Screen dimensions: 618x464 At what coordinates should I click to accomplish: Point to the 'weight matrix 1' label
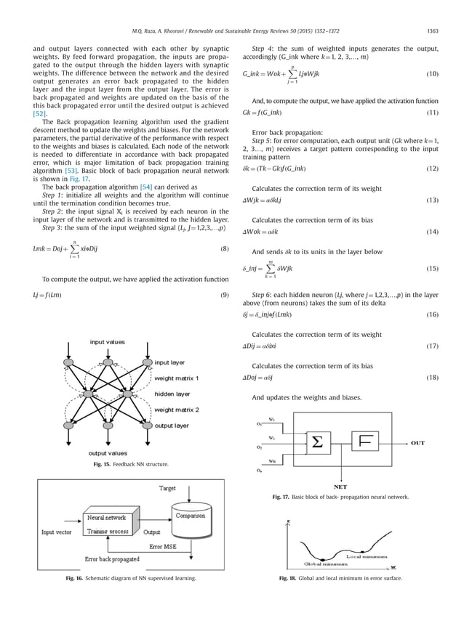click(176, 378)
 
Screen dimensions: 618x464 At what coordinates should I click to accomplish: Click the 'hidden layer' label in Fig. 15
click(172, 394)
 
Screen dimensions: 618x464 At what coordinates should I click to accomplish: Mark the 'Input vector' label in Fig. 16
click(57, 532)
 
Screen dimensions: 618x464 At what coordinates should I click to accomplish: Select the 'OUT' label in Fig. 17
click(418, 442)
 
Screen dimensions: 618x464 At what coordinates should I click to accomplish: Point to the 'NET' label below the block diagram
click(339, 487)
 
